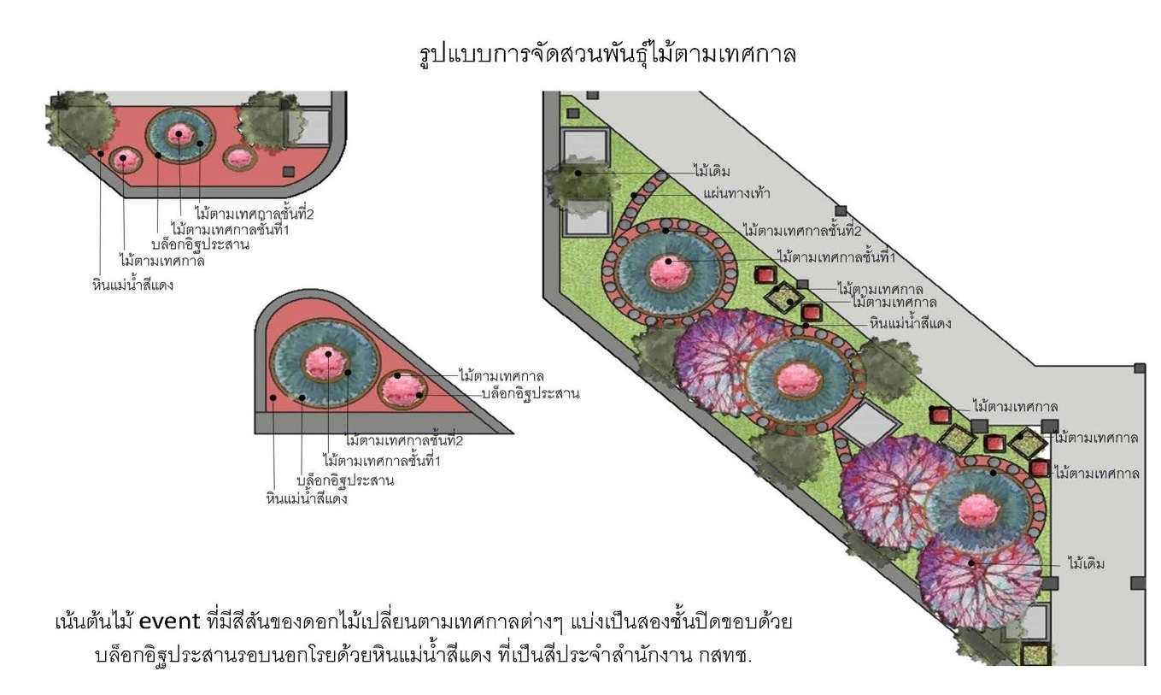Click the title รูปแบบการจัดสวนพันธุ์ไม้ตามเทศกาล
click(607, 55)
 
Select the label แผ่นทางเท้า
click(736, 193)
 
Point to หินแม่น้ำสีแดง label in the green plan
click(911, 323)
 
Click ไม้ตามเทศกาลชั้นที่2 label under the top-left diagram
click(254, 214)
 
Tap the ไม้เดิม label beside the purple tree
click(1087, 563)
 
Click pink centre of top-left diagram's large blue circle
click(179, 133)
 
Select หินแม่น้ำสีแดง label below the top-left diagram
click(132, 284)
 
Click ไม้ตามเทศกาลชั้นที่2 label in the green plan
click(801, 230)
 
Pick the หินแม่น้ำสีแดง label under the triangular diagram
click(306, 498)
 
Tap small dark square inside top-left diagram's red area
click(288, 172)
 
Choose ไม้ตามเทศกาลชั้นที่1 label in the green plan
click(836, 256)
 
